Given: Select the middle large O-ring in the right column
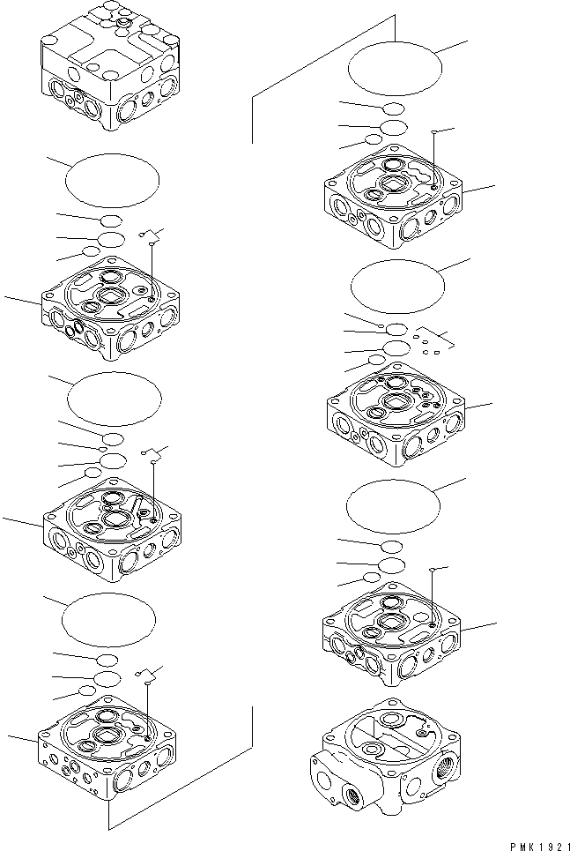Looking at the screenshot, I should click(x=397, y=287).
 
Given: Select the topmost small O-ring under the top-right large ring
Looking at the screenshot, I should click(x=393, y=108).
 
